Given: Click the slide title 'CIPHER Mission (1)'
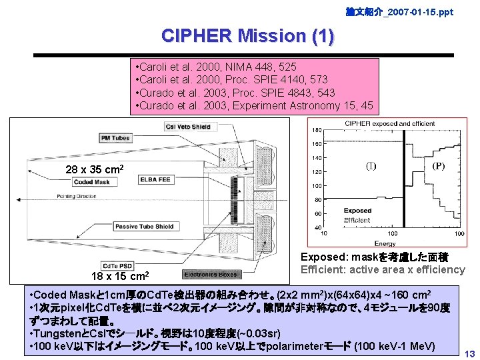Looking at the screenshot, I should pos(247,35).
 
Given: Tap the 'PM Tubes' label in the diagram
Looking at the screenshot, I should pos(115,138).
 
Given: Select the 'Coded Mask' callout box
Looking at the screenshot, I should pos(93,181).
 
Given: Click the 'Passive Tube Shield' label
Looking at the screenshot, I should pos(145,227).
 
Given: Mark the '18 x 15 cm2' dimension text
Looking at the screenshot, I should pos(120,275).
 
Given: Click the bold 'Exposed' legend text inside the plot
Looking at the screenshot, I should pos(358,211).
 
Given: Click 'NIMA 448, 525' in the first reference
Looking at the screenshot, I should pos(265,67).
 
